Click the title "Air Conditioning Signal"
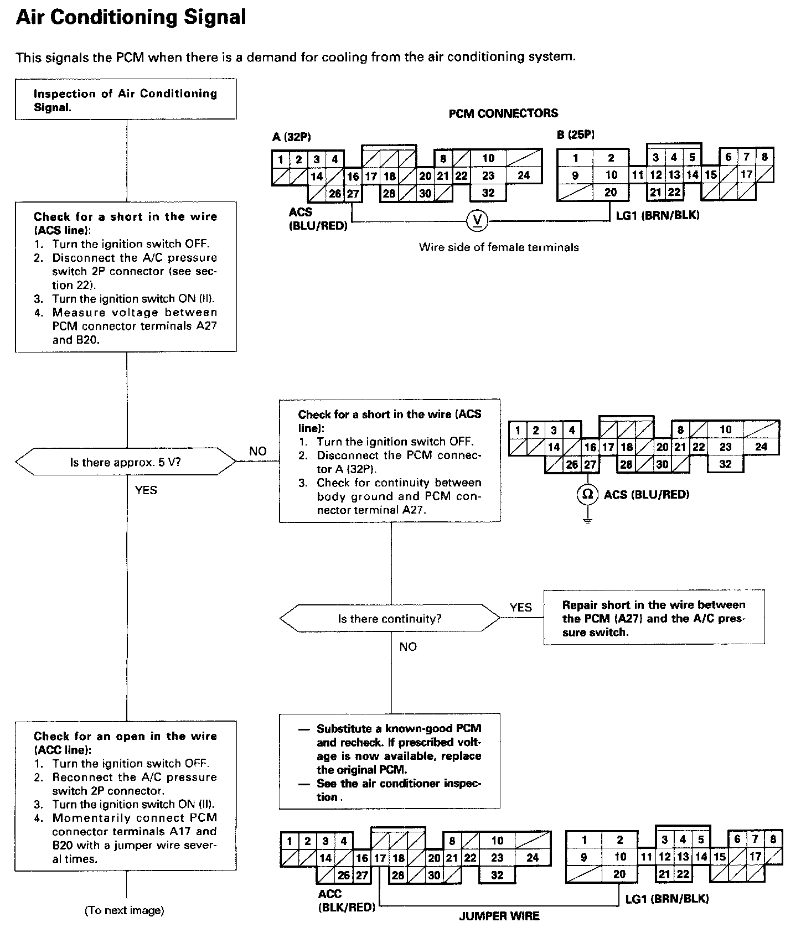click(x=131, y=18)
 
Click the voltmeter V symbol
click(x=478, y=221)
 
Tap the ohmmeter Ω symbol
click(x=587, y=494)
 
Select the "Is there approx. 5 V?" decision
click(x=126, y=462)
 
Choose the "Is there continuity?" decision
click(x=390, y=619)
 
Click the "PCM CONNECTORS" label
click(x=503, y=113)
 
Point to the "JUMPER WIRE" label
click(x=499, y=916)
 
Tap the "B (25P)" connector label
click(x=576, y=134)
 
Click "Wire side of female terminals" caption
click(x=499, y=247)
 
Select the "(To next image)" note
click(x=124, y=910)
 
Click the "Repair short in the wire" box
click(x=654, y=618)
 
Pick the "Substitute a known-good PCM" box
click(x=390, y=762)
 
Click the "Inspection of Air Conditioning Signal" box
click(x=126, y=100)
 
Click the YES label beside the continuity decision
click(x=520, y=608)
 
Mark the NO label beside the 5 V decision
click(x=258, y=451)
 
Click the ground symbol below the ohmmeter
click(x=587, y=521)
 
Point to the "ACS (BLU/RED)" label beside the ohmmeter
click(x=647, y=494)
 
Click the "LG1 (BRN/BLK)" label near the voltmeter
click(x=658, y=215)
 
